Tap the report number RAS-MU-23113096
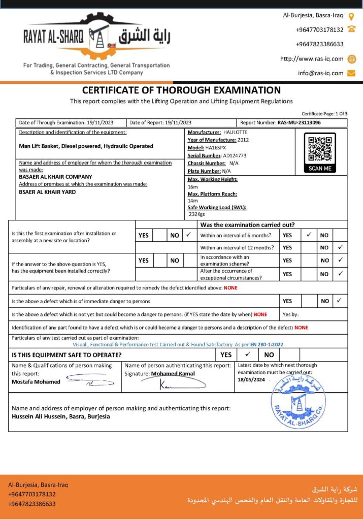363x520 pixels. [x=299, y=122]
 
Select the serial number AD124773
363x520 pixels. [x=235, y=155]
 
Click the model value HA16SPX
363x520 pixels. [x=216, y=147]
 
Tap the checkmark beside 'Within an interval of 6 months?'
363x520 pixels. [x=309, y=235]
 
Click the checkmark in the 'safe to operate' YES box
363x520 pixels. [x=248, y=354]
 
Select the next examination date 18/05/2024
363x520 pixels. [x=251, y=379]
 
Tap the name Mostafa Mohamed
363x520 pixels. [x=36, y=381]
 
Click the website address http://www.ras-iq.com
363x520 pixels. [x=312, y=59]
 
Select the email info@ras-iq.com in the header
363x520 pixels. [x=320, y=73]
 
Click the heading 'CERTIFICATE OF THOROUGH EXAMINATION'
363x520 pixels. [x=181, y=90]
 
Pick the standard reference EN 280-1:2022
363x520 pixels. [x=267, y=344]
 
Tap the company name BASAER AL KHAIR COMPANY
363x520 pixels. [x=55, y=177]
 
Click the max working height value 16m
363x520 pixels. [x=192, y=186]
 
